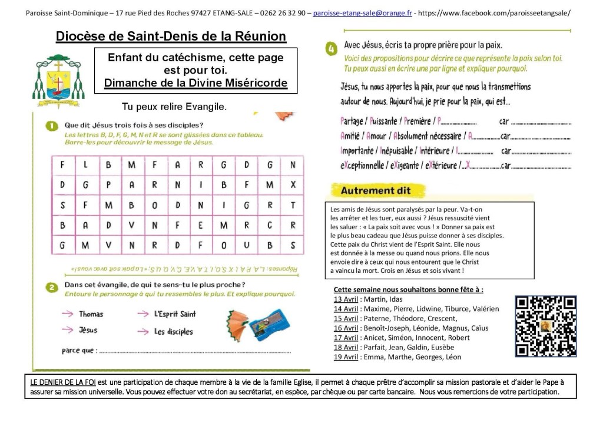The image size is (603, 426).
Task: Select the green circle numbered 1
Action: point(52,125)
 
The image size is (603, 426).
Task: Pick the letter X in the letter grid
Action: point(293,185)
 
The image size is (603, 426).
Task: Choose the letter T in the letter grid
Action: point(293,205)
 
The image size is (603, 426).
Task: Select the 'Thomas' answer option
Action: point(91,314)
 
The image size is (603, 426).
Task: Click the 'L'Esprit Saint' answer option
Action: point(175,314)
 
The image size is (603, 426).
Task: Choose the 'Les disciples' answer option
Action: point(173,332)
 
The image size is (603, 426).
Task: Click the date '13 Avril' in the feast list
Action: point(345,299)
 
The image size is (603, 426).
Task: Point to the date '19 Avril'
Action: point(345,356)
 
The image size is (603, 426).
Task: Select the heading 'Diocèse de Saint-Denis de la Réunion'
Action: point(171,37)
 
